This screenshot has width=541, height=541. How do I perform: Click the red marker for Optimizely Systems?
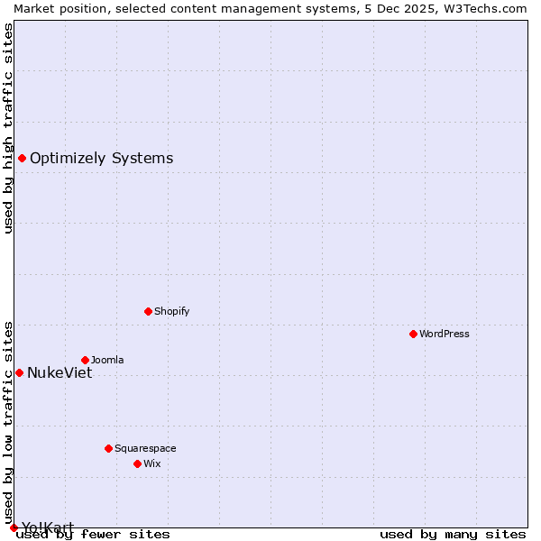(22, 159)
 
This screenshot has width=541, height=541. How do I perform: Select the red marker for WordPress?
(413, 334)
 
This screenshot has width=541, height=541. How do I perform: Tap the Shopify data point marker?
(148, 311)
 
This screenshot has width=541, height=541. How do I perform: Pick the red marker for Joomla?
(85, 360)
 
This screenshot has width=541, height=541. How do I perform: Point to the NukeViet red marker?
(19, 372)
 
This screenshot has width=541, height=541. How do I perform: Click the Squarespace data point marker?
(108, 448)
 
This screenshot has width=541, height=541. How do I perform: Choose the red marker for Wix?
(137, 463)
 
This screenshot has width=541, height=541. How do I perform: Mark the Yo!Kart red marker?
(14, 527)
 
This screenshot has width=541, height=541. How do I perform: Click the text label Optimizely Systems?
(101, 159)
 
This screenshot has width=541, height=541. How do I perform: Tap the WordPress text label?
(445, 334)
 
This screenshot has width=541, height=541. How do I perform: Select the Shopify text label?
(171, 311)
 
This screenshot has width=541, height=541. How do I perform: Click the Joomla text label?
(107, 360)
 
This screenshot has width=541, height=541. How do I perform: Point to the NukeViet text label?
(60, 372)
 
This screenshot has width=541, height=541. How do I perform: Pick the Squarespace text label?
(145, 448)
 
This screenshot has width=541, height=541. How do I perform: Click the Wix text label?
(151, 463)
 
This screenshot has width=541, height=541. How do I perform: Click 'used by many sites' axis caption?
(453, 534)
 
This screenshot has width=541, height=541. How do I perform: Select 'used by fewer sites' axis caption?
(94, 534)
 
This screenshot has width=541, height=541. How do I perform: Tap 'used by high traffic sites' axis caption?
(8, 128)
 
